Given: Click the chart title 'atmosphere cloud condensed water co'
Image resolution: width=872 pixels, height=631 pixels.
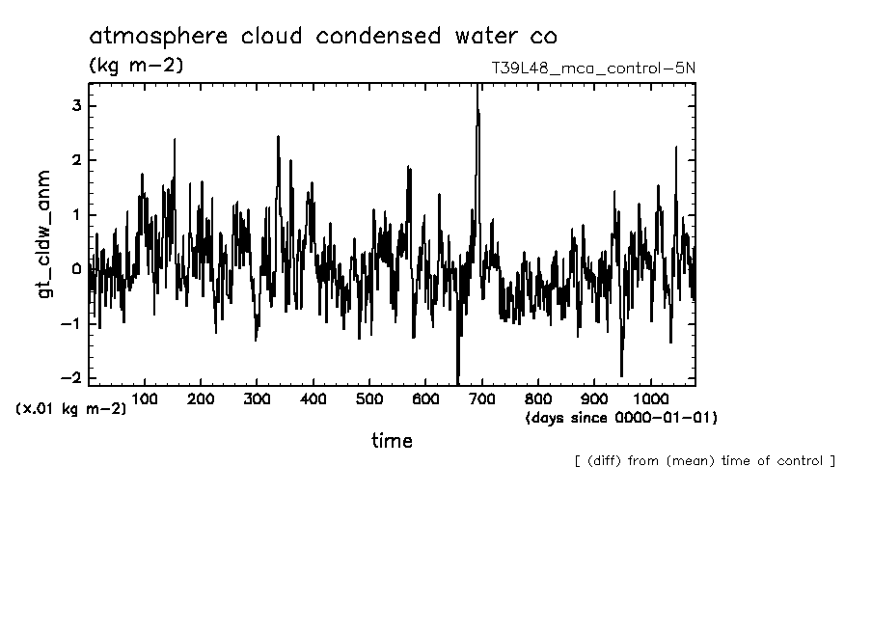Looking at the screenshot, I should click(x=322, y=38).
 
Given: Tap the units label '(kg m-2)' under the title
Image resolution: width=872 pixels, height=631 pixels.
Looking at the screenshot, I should click(x=135, y=67).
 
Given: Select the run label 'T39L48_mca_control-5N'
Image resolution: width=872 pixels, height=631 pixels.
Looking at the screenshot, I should click(x=592, y=69).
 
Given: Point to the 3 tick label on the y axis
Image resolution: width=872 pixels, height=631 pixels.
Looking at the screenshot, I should click(x=77, y=105).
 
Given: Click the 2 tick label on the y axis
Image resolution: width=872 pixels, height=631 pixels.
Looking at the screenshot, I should click(x=77, y=159).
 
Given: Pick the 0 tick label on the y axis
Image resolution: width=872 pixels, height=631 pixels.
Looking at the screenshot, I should click(x=77, y=269).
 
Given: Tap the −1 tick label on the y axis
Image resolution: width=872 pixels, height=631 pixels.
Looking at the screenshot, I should click(x=73, y=324).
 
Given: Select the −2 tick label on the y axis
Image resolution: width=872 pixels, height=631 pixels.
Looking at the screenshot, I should click(x=73, y=378).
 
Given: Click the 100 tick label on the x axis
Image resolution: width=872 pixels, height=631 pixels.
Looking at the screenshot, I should click(x=145, y=398).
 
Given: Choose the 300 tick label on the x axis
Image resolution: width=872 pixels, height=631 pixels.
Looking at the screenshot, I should click(x=257, y=398).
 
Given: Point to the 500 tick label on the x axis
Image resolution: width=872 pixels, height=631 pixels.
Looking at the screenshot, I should click(x=369, y=398).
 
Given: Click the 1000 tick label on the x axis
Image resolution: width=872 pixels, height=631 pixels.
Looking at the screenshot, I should click(x=650, y=398).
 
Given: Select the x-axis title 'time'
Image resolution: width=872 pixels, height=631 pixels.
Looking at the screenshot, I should click(x=392, y=441).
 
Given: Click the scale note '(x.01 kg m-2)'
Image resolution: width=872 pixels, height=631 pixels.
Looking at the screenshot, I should click(x=70, y=409).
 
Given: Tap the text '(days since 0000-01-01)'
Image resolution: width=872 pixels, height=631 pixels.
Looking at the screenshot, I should click(x=621, y=418).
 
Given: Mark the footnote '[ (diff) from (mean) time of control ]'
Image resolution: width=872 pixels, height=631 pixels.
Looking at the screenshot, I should click(x=704, y=461).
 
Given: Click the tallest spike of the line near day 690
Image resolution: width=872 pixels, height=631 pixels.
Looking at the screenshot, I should click(x=477, y=89).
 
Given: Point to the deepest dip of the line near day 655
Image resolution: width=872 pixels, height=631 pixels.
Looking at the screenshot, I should click(x=457, y=379).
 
